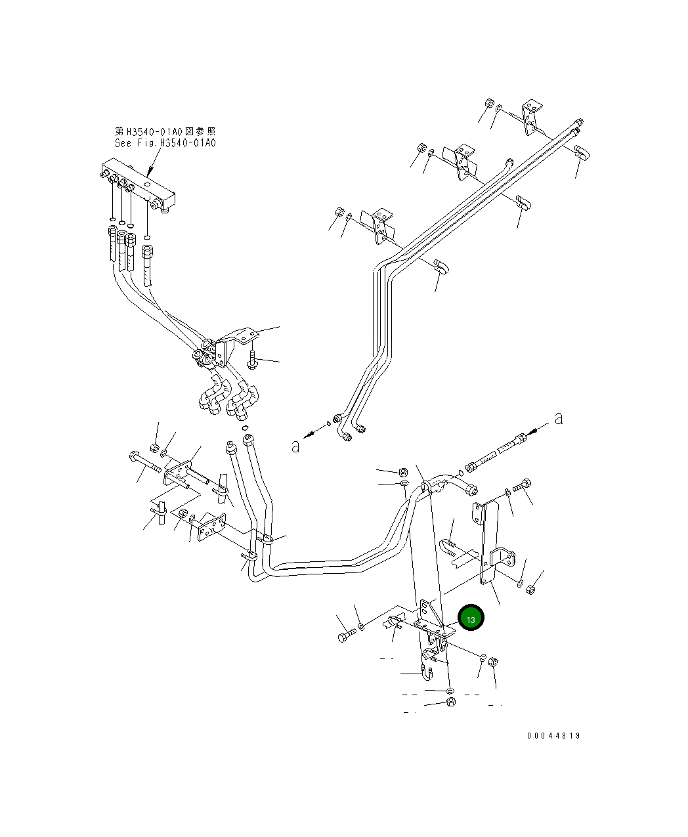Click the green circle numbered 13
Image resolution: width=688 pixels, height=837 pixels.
[471, 618]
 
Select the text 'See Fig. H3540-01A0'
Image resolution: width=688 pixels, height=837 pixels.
[165, 143]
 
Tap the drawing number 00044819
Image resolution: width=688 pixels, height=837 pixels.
[553, 736]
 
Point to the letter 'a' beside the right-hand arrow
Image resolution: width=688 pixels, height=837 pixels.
[559, 418]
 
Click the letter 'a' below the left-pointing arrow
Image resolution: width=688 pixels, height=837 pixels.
[295, 446]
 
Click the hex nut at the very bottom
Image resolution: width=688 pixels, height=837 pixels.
[450, 704]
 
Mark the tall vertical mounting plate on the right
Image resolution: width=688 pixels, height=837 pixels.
[486, 542]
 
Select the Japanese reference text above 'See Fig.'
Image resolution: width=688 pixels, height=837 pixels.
[165, 132]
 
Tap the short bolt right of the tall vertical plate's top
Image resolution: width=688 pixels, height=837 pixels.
[523, 487]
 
